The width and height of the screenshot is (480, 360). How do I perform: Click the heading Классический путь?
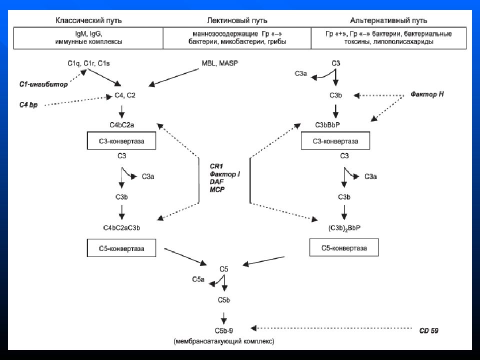coord(88,21)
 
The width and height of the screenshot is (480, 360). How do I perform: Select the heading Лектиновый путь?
coord(237,21)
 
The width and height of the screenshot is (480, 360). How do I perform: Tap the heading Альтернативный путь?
coord(388,21)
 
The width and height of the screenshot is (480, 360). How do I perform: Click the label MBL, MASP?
coord(220,63)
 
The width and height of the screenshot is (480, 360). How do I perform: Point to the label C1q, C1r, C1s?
coord(88,63)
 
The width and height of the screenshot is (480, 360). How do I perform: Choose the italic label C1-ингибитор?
coord(43,84)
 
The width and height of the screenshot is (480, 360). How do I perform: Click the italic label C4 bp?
coord(28,104)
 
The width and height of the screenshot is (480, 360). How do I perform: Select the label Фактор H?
coord(427,94)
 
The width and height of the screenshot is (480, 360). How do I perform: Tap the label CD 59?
coord(428,330)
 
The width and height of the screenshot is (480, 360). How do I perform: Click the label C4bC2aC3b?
coord(121,228)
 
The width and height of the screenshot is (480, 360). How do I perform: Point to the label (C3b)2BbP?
coord(344,228)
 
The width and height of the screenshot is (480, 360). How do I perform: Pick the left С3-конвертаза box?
coord(121,141)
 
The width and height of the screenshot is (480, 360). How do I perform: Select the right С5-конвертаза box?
coord(344,247)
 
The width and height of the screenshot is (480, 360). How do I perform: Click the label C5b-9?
coord(224,330)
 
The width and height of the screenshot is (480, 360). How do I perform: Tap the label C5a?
coord(198,279)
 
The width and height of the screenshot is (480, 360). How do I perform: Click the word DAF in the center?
coord(216,182)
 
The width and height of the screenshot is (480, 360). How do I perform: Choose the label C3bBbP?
coord(327,125)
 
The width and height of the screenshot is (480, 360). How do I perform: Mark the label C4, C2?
coord(125,95)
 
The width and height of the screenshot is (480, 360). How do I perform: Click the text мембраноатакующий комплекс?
coord(224,341)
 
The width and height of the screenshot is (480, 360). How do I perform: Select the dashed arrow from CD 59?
coord(331,328)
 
